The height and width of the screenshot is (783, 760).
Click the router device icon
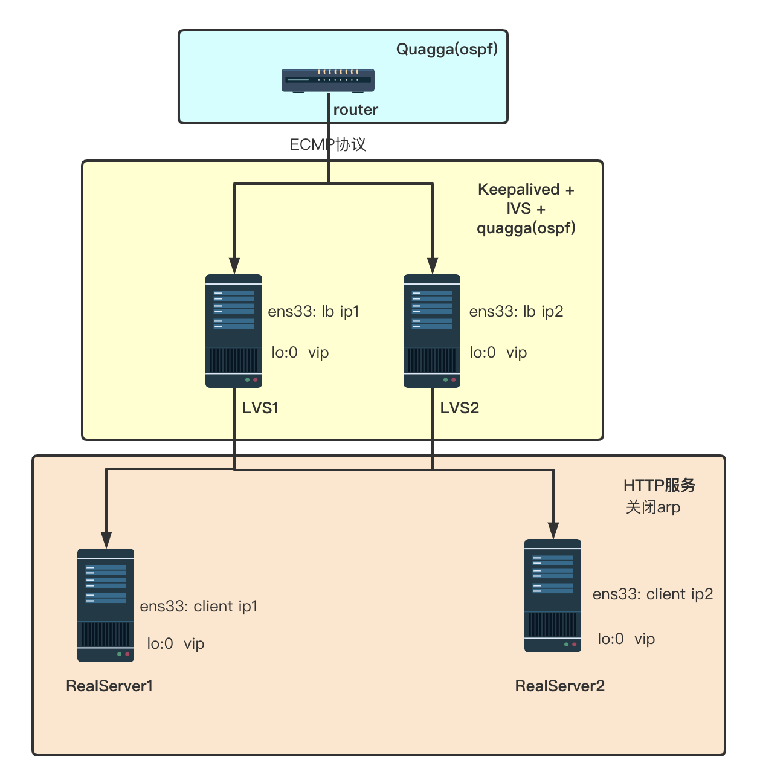328,80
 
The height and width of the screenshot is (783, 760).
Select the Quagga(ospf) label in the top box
446,49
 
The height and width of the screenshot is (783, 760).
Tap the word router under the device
355,109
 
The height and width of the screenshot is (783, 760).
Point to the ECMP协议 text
327,144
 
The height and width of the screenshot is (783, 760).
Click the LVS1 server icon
234,331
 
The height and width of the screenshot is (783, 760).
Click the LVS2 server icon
432,331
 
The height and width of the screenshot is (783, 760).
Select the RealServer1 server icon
106,605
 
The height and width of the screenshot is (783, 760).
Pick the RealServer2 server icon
553,596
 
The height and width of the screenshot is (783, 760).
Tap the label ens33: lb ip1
314,311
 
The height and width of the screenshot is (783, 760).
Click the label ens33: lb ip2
516,311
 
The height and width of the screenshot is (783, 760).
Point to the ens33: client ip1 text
199,606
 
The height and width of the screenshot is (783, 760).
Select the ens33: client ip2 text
652,594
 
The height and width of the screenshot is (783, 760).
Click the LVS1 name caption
260,408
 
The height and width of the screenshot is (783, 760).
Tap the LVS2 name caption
459,408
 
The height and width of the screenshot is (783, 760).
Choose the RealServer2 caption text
559,686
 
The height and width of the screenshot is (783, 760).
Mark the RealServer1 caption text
109,686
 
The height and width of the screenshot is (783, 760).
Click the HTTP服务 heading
659,485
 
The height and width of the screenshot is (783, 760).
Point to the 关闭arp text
652,507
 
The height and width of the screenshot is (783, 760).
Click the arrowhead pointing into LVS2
433,266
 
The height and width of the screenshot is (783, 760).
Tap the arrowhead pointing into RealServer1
106,540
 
